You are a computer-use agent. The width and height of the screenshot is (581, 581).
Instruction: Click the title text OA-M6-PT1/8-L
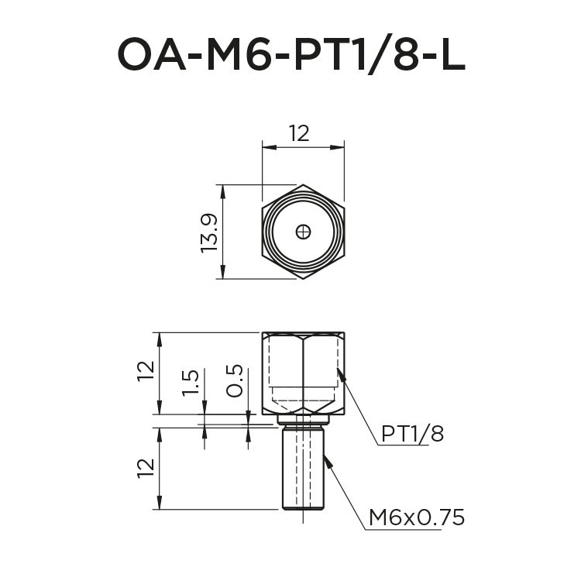(290, 54)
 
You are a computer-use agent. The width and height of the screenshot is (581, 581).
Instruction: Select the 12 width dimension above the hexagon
(299, 133)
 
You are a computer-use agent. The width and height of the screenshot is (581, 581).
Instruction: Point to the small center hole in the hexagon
(304, 232)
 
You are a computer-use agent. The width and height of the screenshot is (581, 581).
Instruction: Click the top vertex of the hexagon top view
(304, 185)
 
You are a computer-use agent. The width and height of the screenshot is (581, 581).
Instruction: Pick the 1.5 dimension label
(191, 383)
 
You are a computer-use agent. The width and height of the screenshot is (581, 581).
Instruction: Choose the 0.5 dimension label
(235, 381)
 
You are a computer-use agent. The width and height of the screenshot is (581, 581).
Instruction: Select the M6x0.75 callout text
(416, 517)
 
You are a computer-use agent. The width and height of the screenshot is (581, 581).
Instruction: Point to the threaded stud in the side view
(304, 473)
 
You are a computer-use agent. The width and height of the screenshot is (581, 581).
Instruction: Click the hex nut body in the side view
(304, 372)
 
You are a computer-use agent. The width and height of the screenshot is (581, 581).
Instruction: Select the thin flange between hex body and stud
(304, 419)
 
